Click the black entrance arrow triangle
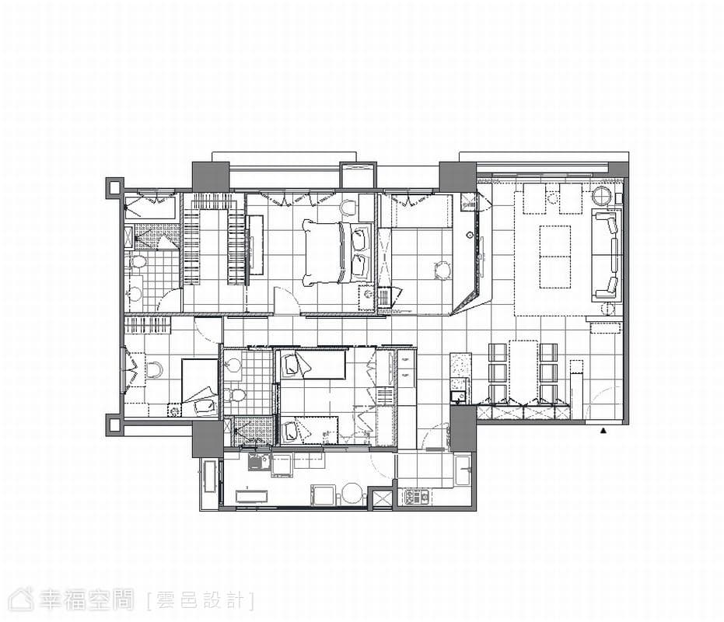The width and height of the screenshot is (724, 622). (x=603, y=432)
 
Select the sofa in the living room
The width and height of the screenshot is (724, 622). (x=607, y=255)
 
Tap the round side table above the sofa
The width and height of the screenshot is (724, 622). (x=602, y=195)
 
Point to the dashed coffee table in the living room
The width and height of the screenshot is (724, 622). (x=555, y=257)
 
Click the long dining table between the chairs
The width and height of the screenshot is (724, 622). (x=523, y=372)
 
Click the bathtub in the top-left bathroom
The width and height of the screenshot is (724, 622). (x=150, y=207)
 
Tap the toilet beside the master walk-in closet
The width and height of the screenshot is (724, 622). (x=137, y=262)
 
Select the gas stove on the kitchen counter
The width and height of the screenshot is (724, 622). (x=417, y=496)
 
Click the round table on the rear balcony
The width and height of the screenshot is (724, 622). (x=352, y=494)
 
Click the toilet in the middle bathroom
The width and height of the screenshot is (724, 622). (x=235, y=396)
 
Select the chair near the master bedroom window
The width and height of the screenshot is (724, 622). (x=348, y=208)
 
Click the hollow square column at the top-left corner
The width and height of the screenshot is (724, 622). (x=114, y=187)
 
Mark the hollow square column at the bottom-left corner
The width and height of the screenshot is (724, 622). (x=114, y=424)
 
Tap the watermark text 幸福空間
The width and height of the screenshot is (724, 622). (x=86, y=601)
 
